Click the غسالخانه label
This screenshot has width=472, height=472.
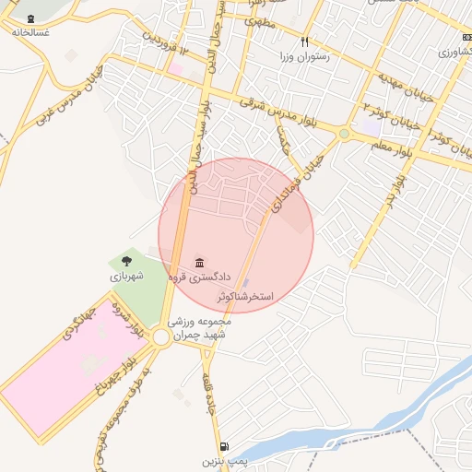click(30, 31)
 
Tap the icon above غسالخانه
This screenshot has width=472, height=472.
click(31, 18)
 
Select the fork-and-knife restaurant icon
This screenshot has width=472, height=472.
click(304, 41)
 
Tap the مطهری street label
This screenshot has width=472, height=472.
click(260, 25)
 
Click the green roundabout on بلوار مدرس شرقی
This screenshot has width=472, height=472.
click(344, 135)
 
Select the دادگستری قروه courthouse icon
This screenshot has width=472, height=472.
click(200, 264)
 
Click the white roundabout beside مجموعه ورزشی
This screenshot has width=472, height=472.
click(162, 337)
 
